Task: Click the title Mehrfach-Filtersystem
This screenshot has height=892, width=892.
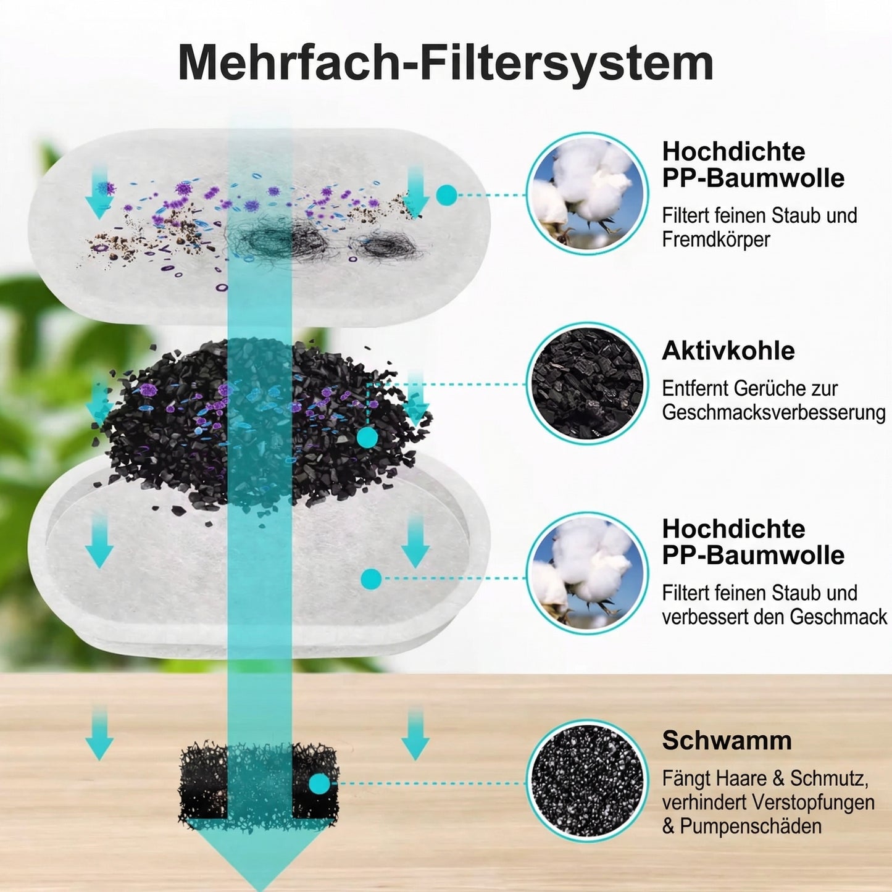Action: [445, 62]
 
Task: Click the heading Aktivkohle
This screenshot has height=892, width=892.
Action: [728, 351]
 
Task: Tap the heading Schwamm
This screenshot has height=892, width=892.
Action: [727, 740]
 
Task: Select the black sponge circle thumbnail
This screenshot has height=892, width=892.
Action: [586, 781]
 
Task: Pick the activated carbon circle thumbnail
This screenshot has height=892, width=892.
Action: [586, 383]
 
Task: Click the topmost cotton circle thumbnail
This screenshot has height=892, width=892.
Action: [586, 193]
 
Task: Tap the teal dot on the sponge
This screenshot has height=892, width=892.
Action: [319, 784]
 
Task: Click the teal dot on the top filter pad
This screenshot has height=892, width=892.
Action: [446, 196]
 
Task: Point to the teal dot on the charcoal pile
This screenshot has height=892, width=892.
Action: [367, 438]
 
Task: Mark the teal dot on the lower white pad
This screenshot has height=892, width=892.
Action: [371, 578]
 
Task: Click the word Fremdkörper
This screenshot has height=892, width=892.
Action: [716, 240]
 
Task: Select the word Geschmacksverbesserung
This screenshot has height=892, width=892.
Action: [773, 412]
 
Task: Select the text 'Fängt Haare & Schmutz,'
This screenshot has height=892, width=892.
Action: [765, 778]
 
